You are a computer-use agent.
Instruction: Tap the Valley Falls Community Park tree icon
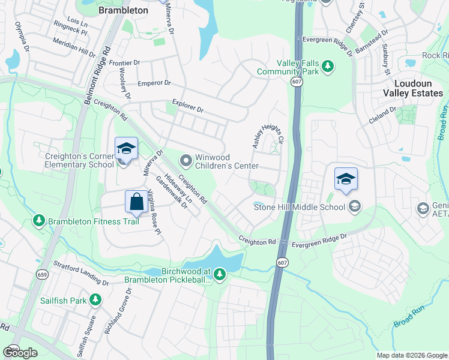click(328, 65)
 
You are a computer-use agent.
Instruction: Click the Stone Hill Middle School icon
click(354, 207)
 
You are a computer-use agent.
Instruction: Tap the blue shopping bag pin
click(136, 202)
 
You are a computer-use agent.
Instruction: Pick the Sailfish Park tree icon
click(94, 299)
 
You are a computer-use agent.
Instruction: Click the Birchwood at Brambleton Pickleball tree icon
click(220, 275)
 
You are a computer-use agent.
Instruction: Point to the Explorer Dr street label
click(188, 107)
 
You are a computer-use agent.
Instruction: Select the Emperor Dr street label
click(154, 83)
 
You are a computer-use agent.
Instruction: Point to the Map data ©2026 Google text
click(412, 355)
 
